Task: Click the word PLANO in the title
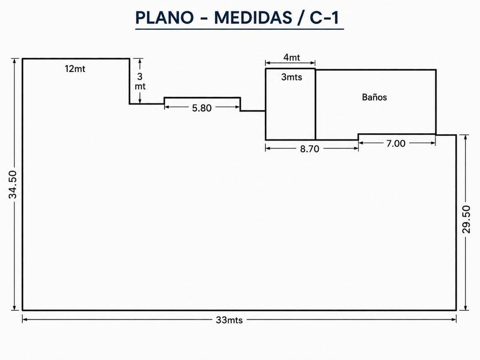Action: coord(165,18)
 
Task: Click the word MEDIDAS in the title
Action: coord(253,18)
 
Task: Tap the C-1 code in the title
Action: coord(324,18)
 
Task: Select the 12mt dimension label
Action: coord(75,69)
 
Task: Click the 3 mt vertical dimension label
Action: coord(140,81)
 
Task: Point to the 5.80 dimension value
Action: coord(202,108)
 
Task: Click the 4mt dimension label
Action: coord(291,57)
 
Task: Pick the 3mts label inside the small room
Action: coord(291,77)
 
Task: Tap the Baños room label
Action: coord(374,97)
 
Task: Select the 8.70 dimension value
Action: coord(310,149)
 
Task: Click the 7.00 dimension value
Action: coord(395,143)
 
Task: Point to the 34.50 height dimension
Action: coord(13,185)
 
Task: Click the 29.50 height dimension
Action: coord(466,219)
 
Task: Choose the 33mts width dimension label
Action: coord(229,320)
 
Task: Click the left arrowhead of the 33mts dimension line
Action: coord(25,319)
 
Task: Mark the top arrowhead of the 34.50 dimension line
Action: coord(14,61)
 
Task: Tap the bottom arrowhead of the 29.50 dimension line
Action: coord(466,307)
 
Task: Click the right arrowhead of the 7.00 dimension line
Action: coord(433,143)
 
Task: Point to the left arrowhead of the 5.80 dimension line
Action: coord(167,107)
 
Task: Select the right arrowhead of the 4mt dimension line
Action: coord(313,63)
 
